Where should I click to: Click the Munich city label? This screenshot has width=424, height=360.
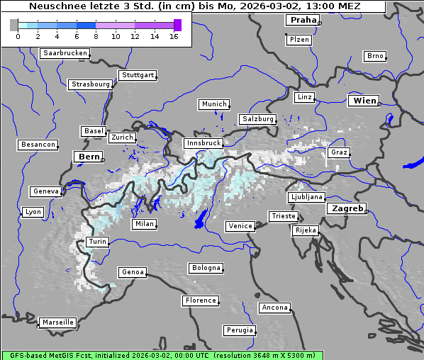214,104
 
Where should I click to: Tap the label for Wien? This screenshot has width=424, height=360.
364,101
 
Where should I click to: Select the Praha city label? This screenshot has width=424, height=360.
303,20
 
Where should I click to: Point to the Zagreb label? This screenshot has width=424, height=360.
347,209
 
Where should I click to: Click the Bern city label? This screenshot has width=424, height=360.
89,157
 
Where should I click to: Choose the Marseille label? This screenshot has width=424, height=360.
57,322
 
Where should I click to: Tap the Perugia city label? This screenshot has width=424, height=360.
239,330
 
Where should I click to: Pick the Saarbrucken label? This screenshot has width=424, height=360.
65,53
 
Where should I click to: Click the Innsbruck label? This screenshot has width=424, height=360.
203,143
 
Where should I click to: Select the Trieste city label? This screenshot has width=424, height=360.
283,216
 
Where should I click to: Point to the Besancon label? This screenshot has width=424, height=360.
38,145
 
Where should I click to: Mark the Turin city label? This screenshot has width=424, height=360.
97,242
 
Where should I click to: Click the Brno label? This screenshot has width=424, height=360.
375,56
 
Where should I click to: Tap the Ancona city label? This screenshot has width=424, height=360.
274,308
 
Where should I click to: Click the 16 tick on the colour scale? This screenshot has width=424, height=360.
174,36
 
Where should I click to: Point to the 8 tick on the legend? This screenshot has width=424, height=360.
96,36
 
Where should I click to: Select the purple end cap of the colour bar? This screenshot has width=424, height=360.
177,25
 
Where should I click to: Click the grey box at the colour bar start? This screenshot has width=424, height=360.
14,25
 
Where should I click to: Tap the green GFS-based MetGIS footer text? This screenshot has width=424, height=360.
162,355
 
